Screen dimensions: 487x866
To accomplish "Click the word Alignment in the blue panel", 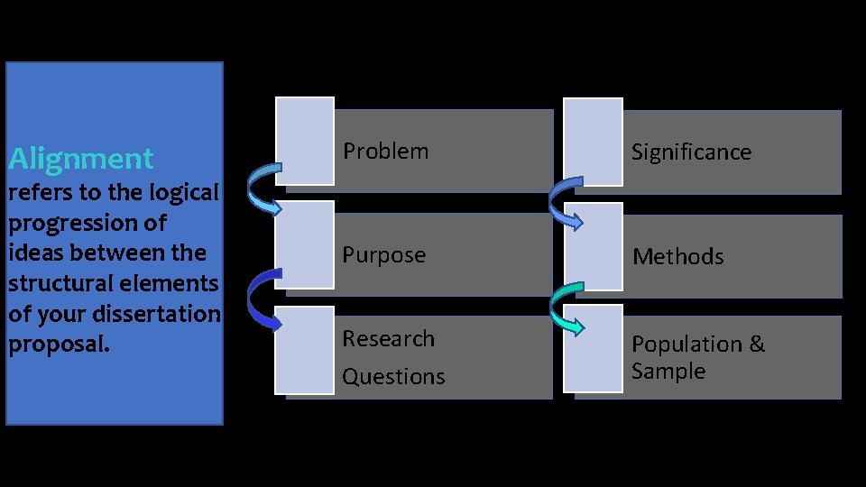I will coord(81,160).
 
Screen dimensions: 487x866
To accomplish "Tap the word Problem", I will coord(385,152).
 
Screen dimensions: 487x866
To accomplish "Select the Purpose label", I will coord(383,255).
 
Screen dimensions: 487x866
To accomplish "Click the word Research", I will coord(388,339).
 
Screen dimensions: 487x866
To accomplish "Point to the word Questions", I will coord(393,377).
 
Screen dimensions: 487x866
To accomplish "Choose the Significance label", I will coord(691,152).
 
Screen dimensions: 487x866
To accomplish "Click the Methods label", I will coord(678,257).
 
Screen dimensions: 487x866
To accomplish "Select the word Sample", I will coord(668,372).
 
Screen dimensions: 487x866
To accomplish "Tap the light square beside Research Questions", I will coord(305,350).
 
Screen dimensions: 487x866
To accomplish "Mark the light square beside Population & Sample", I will coord(594,349).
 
